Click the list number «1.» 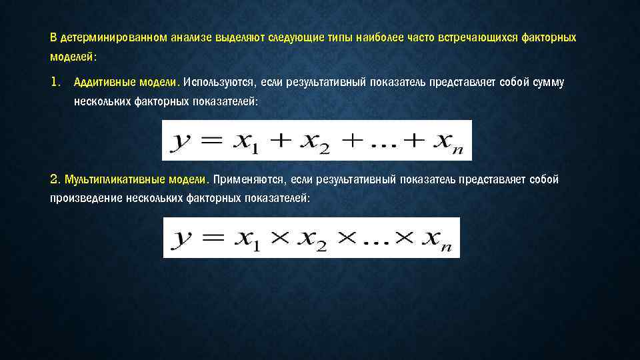tap(56, 82)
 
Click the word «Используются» tap(220, 82)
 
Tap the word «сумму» tap(547, 82)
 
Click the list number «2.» tap(55, 180)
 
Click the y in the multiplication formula tap(180, 239)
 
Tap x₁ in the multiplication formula tap(246, 239)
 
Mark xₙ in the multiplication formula tap(437, 239)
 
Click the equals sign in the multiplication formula tap(209, 237)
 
